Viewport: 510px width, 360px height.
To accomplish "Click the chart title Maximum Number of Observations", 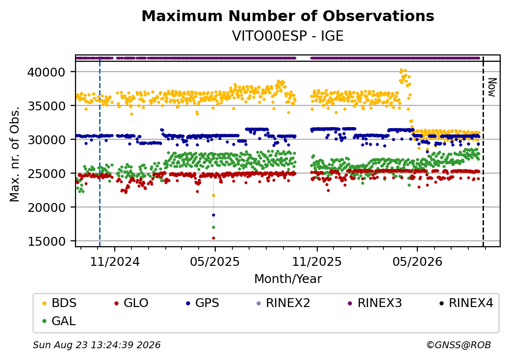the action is tap(288, 16).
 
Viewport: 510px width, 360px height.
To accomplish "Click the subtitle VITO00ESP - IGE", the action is tap(288, 36).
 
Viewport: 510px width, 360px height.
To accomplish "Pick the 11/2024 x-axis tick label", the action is tap(114, 261).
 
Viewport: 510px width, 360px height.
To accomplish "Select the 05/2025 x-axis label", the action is tap(215, 261).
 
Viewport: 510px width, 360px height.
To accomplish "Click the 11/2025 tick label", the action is tap(317, 261).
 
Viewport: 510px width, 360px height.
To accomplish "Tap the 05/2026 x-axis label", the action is tap(417, 261).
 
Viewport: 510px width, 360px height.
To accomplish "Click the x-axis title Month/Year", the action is tap(288, 279).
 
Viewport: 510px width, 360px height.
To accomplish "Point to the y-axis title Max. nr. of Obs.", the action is tap(14, 154).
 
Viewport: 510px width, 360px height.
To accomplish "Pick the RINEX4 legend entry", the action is tap(466, 303).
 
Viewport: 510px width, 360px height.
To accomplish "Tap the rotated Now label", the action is tap(492, 87).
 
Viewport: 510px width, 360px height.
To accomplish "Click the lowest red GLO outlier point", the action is tap(213, 238).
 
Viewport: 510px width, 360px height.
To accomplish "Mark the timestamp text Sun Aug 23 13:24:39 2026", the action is tap(97, 345).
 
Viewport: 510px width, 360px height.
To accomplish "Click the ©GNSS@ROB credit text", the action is tap(459, 345).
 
